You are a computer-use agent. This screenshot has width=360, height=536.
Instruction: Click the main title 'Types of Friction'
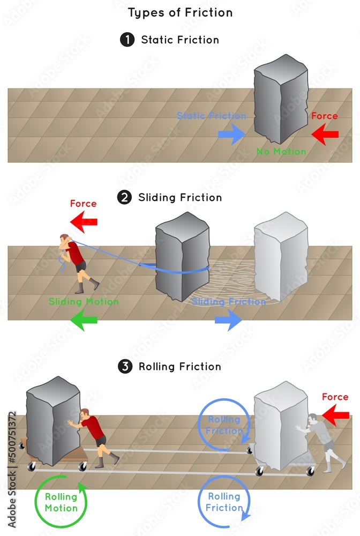point(179,12)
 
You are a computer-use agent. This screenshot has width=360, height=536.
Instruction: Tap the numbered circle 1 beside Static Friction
point(127,40)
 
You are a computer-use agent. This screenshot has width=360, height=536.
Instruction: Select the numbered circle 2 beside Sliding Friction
point(124,198)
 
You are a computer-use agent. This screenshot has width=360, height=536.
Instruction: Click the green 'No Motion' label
point(281,152)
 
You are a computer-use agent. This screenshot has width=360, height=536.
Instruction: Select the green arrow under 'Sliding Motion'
point(84,320)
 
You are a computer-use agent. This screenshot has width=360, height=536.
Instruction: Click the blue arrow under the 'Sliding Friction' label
point(228,320)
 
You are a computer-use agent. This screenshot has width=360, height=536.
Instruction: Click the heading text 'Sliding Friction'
point(180,198)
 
